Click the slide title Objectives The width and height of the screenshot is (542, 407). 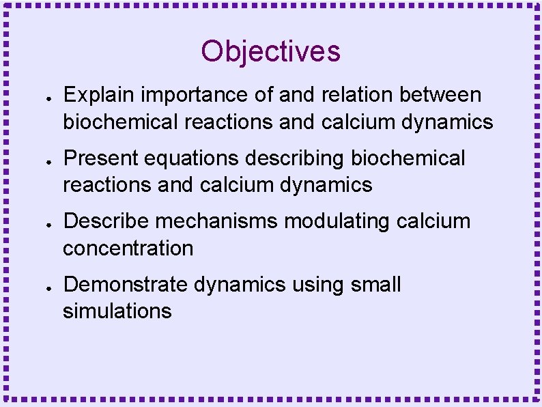click(x=270, y=51)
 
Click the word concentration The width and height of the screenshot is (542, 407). click(x=128, y=249)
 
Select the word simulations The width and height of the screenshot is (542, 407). click(x=117, y=311)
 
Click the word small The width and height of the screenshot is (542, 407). click(x=376, y=284)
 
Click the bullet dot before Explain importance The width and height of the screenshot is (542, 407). click(x=42, y=96)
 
